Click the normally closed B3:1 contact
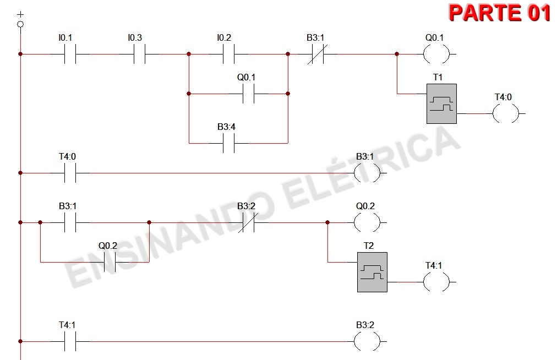click(315, 54)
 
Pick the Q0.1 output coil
click(437, 54)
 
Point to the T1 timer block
click(441, 104)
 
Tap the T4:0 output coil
click(506, 114)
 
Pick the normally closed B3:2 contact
click(246, 223)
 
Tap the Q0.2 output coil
click(367, 223)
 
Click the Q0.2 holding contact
click(108, 262)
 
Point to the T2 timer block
click(372, 272)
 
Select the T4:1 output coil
click(436, 282)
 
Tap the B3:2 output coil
click(367, 342)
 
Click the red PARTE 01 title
click(500, 13)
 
